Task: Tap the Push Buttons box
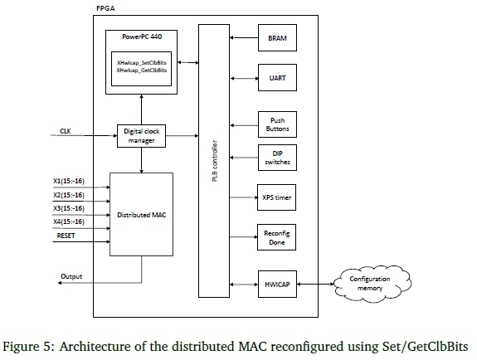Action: click(x=275, y=124)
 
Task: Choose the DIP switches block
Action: click(x=275, y=158)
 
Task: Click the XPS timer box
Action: click(x=275, y=198)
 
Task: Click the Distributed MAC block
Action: click(x=142, y=214)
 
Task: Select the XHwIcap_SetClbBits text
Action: click(x=143, y=63)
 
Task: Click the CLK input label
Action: click(x=66, y=131)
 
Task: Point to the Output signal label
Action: click(x=71, y=275)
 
